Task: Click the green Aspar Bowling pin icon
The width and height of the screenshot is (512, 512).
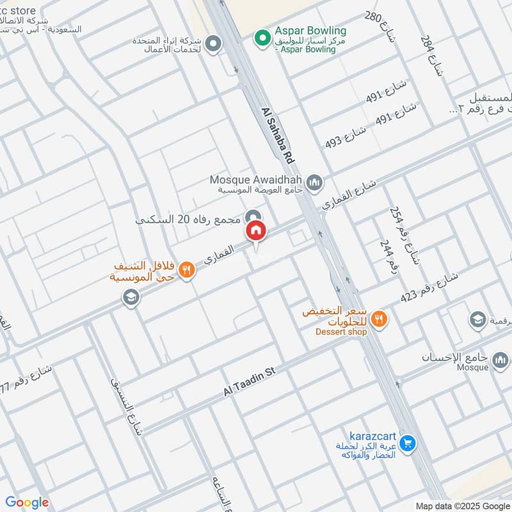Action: click(262, 38)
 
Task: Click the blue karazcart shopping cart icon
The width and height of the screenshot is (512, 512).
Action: click(408, 442)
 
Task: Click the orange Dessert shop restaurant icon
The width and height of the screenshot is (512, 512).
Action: click(380, 317)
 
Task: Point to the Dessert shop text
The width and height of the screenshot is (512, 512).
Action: click(341, 332)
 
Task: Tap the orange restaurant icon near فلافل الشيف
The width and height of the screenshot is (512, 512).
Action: click(186, 269)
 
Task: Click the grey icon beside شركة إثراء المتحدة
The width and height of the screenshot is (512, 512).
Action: click(214, 44)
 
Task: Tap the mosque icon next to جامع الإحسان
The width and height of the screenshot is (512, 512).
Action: click(500, 360)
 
